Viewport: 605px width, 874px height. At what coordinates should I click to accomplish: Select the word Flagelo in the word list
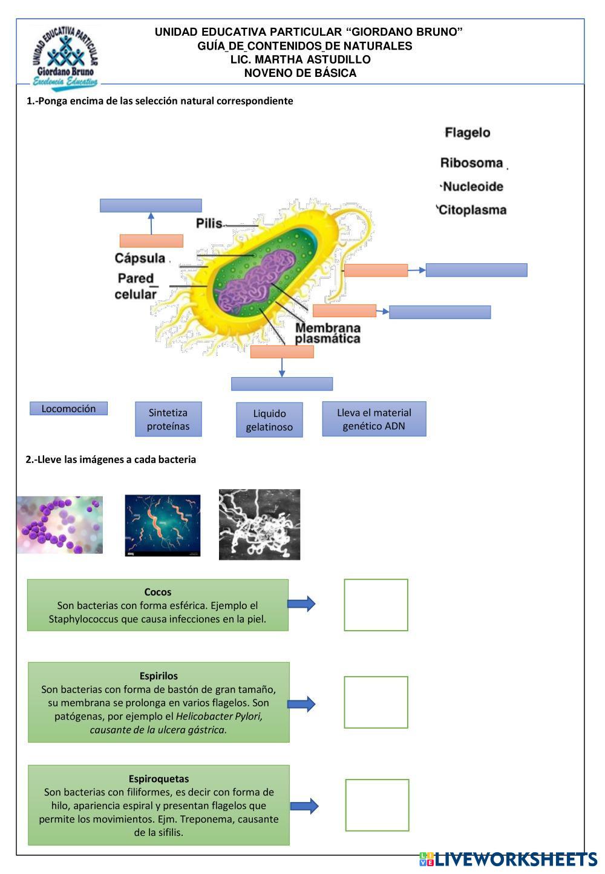click(468, 133)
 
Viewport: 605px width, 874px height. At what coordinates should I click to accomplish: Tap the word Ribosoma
click(471, 163)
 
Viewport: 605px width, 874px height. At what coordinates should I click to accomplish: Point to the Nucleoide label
click(473, 186)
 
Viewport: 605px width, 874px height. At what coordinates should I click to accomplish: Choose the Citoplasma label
click(472, 210)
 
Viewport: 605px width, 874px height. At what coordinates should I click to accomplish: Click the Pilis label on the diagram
click(209, 223)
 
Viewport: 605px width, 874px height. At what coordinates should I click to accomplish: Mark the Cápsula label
click(140, 258)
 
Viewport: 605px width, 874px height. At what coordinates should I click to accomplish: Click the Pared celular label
click(136, 286)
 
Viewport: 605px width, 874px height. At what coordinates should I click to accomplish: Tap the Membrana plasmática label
click(327, 333)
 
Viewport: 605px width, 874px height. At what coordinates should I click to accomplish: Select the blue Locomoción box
click(68, 409)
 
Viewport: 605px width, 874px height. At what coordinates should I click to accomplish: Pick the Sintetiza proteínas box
click(168, 419)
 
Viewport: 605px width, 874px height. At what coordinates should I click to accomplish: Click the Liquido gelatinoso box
click(269, 420)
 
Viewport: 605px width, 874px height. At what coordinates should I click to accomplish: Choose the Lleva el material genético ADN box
click(374, 419)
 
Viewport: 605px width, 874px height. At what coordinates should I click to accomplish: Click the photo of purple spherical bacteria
click(59, 525)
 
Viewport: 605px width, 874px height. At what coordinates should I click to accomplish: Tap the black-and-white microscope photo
click(259, 524)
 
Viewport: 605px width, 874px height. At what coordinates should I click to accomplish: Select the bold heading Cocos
click(157, 592)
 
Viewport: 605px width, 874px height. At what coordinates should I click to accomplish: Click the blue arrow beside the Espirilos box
click(301, 703)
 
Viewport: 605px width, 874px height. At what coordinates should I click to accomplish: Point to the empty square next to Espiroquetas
click(377, 805)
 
